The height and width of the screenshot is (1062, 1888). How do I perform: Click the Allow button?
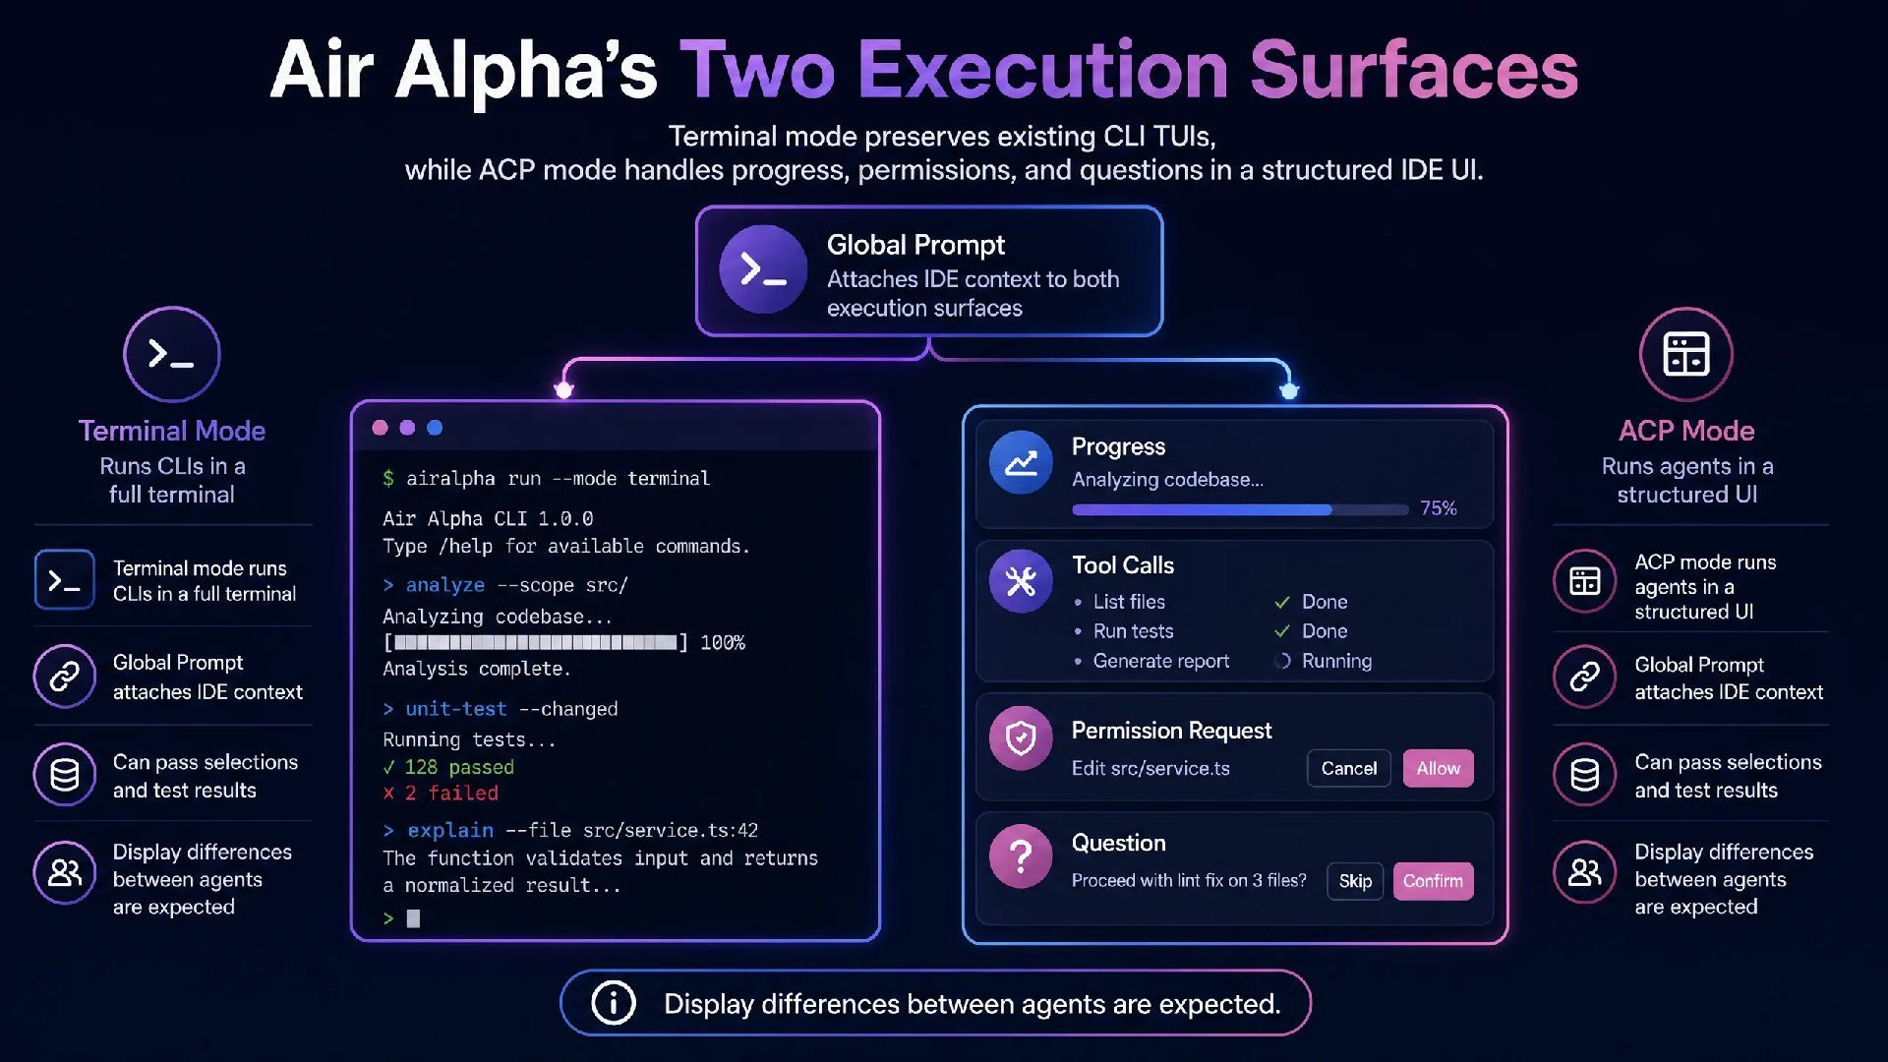[x=1438, y=768]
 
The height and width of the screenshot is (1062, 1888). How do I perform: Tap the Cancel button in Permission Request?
[x=1349, y=768]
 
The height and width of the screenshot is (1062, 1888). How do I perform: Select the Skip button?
[x=1355, y=881]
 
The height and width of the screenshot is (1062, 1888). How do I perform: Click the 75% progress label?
[x=1438, y=508]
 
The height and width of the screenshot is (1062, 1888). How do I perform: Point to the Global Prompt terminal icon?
[x=763, y=269]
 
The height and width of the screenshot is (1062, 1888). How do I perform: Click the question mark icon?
[x=1021, y=856]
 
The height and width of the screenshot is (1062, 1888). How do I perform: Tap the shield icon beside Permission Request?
[x=1021, y=737]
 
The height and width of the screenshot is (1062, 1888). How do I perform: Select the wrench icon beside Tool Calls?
[x=1021, y=581]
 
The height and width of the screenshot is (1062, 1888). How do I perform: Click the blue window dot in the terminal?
[x=435, y=428]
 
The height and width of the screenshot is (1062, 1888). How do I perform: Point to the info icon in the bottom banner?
[x=614, y=1003]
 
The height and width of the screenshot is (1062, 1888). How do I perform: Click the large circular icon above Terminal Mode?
[x=172, y=354]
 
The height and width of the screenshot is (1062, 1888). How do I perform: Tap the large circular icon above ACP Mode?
[x=1686, y=354]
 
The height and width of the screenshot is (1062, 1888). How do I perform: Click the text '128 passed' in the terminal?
[x=459, y=767]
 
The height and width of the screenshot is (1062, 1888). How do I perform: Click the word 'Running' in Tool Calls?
[x=1336, y=661]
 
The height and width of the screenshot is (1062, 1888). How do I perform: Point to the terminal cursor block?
[x=413, y=918]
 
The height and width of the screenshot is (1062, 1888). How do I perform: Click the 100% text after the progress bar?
[x=723, y=643]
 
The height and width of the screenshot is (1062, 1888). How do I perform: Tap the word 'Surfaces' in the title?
[x=1414, y=70]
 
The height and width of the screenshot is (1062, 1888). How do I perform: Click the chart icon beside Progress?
[x=1021, y=462]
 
